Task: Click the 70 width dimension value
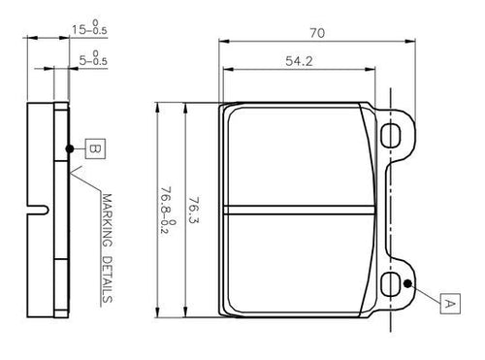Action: (x=317, y=33)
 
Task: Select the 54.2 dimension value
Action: (x=299, y=61)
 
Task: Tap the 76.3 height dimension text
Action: (x=194, y=210)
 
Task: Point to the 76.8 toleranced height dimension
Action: (x=167, y=211)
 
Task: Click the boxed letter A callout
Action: (x=450, y=304)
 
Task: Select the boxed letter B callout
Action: (x=95, y=148)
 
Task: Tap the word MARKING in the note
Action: (x=107, y=220)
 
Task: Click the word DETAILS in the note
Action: (x=107, y=279)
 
